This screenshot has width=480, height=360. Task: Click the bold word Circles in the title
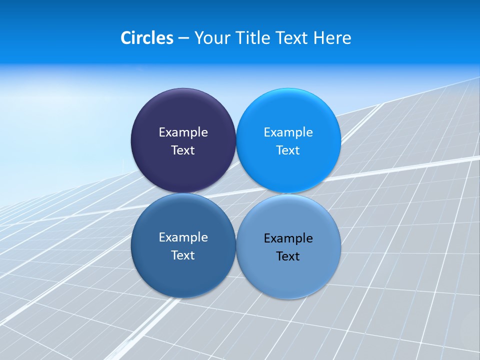147,38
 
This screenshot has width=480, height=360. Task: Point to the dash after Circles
183,38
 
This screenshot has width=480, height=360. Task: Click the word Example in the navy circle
183,132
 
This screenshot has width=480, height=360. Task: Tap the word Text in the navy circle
183,150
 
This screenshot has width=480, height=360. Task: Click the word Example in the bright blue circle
288,132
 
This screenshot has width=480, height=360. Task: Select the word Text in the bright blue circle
288,150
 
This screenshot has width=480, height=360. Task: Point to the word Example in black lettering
288,238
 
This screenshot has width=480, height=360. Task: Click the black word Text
288,256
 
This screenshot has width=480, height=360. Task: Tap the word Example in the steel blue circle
183,237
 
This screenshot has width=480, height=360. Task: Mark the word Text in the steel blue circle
183,255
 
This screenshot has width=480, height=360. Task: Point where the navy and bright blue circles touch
236,140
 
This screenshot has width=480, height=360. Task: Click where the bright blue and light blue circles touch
288,193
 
